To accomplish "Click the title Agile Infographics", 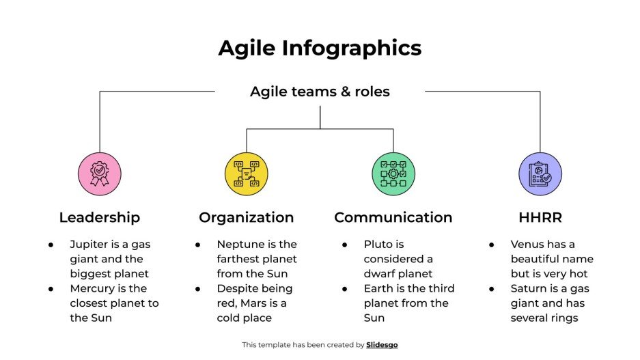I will [x=320, y=49].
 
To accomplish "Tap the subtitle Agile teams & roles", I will [x=320, y=92].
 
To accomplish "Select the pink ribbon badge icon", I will [x=100, y=174].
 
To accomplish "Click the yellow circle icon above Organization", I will [x=246, y=174].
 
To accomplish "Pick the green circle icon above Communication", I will [x=393, y=174].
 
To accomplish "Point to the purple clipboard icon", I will [x=540, y=174].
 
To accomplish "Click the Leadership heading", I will [x=100, y=217].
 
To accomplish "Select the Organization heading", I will [x=246, y=217].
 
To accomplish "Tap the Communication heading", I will [x=393, y=217].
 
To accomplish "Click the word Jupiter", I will [x=89, y=244].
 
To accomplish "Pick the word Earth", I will [x=378, y=288].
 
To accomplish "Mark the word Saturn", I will [x=529, y=288].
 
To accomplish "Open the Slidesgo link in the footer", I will [x=382, y=345].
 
